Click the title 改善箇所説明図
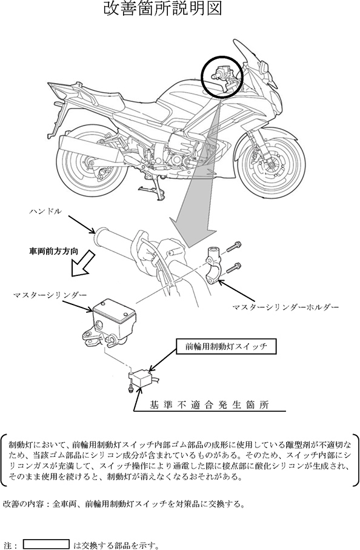click(x=162, y=8)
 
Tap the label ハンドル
click(x=46, y=211)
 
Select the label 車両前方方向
click(x=53, y=252)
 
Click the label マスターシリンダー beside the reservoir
click(x=50, y=295)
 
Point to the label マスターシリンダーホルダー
click(x=285, y=307)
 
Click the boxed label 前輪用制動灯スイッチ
click(x=226, y=347)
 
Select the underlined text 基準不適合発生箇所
click(x=209, y=405)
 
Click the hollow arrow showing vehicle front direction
click(x=82, y=263)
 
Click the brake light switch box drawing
click(x=142, y=379)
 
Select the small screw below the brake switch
click(x=130, y=388)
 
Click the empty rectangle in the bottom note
click(x=46, y=544)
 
